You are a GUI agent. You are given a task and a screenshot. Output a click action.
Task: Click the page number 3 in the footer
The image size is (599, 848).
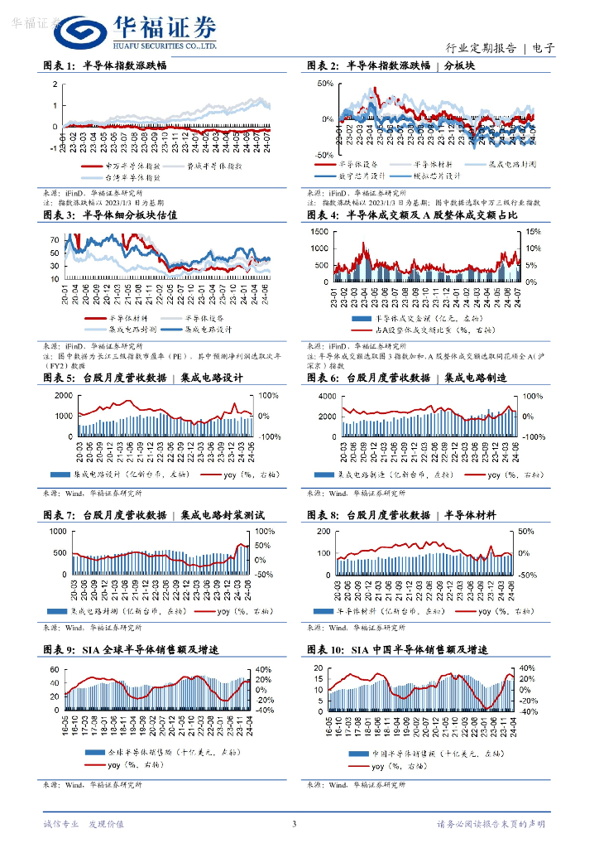294,824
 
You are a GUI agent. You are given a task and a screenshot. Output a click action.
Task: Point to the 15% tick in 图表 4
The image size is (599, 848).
533,232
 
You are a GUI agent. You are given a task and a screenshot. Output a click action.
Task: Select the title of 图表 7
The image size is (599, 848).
152,515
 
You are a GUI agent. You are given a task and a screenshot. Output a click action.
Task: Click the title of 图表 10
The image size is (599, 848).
403,649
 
